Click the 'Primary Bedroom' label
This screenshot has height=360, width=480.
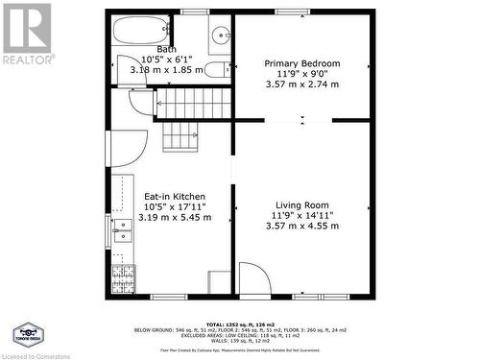point(302,63)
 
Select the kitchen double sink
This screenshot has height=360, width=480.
point(122,231)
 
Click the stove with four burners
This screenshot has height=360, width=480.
point(124,280)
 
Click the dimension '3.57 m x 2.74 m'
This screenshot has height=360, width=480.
point(302,84)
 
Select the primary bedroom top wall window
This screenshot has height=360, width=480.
point(292,12)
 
